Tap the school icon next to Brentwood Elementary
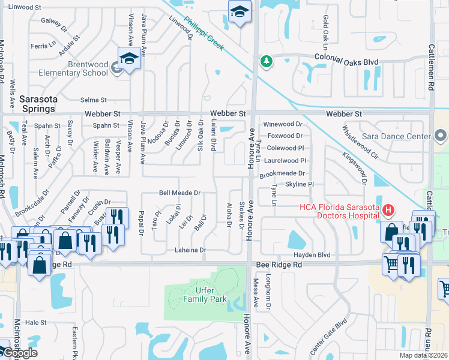(128, 58)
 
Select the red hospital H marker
(388, 210)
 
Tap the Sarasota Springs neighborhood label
(37, 104)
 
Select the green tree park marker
(265, 61)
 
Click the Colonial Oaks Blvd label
(347, 61)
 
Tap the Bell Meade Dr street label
(179, 193)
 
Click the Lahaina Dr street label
(190, 250)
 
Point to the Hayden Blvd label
(312, 255)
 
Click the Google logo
(20, 353)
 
